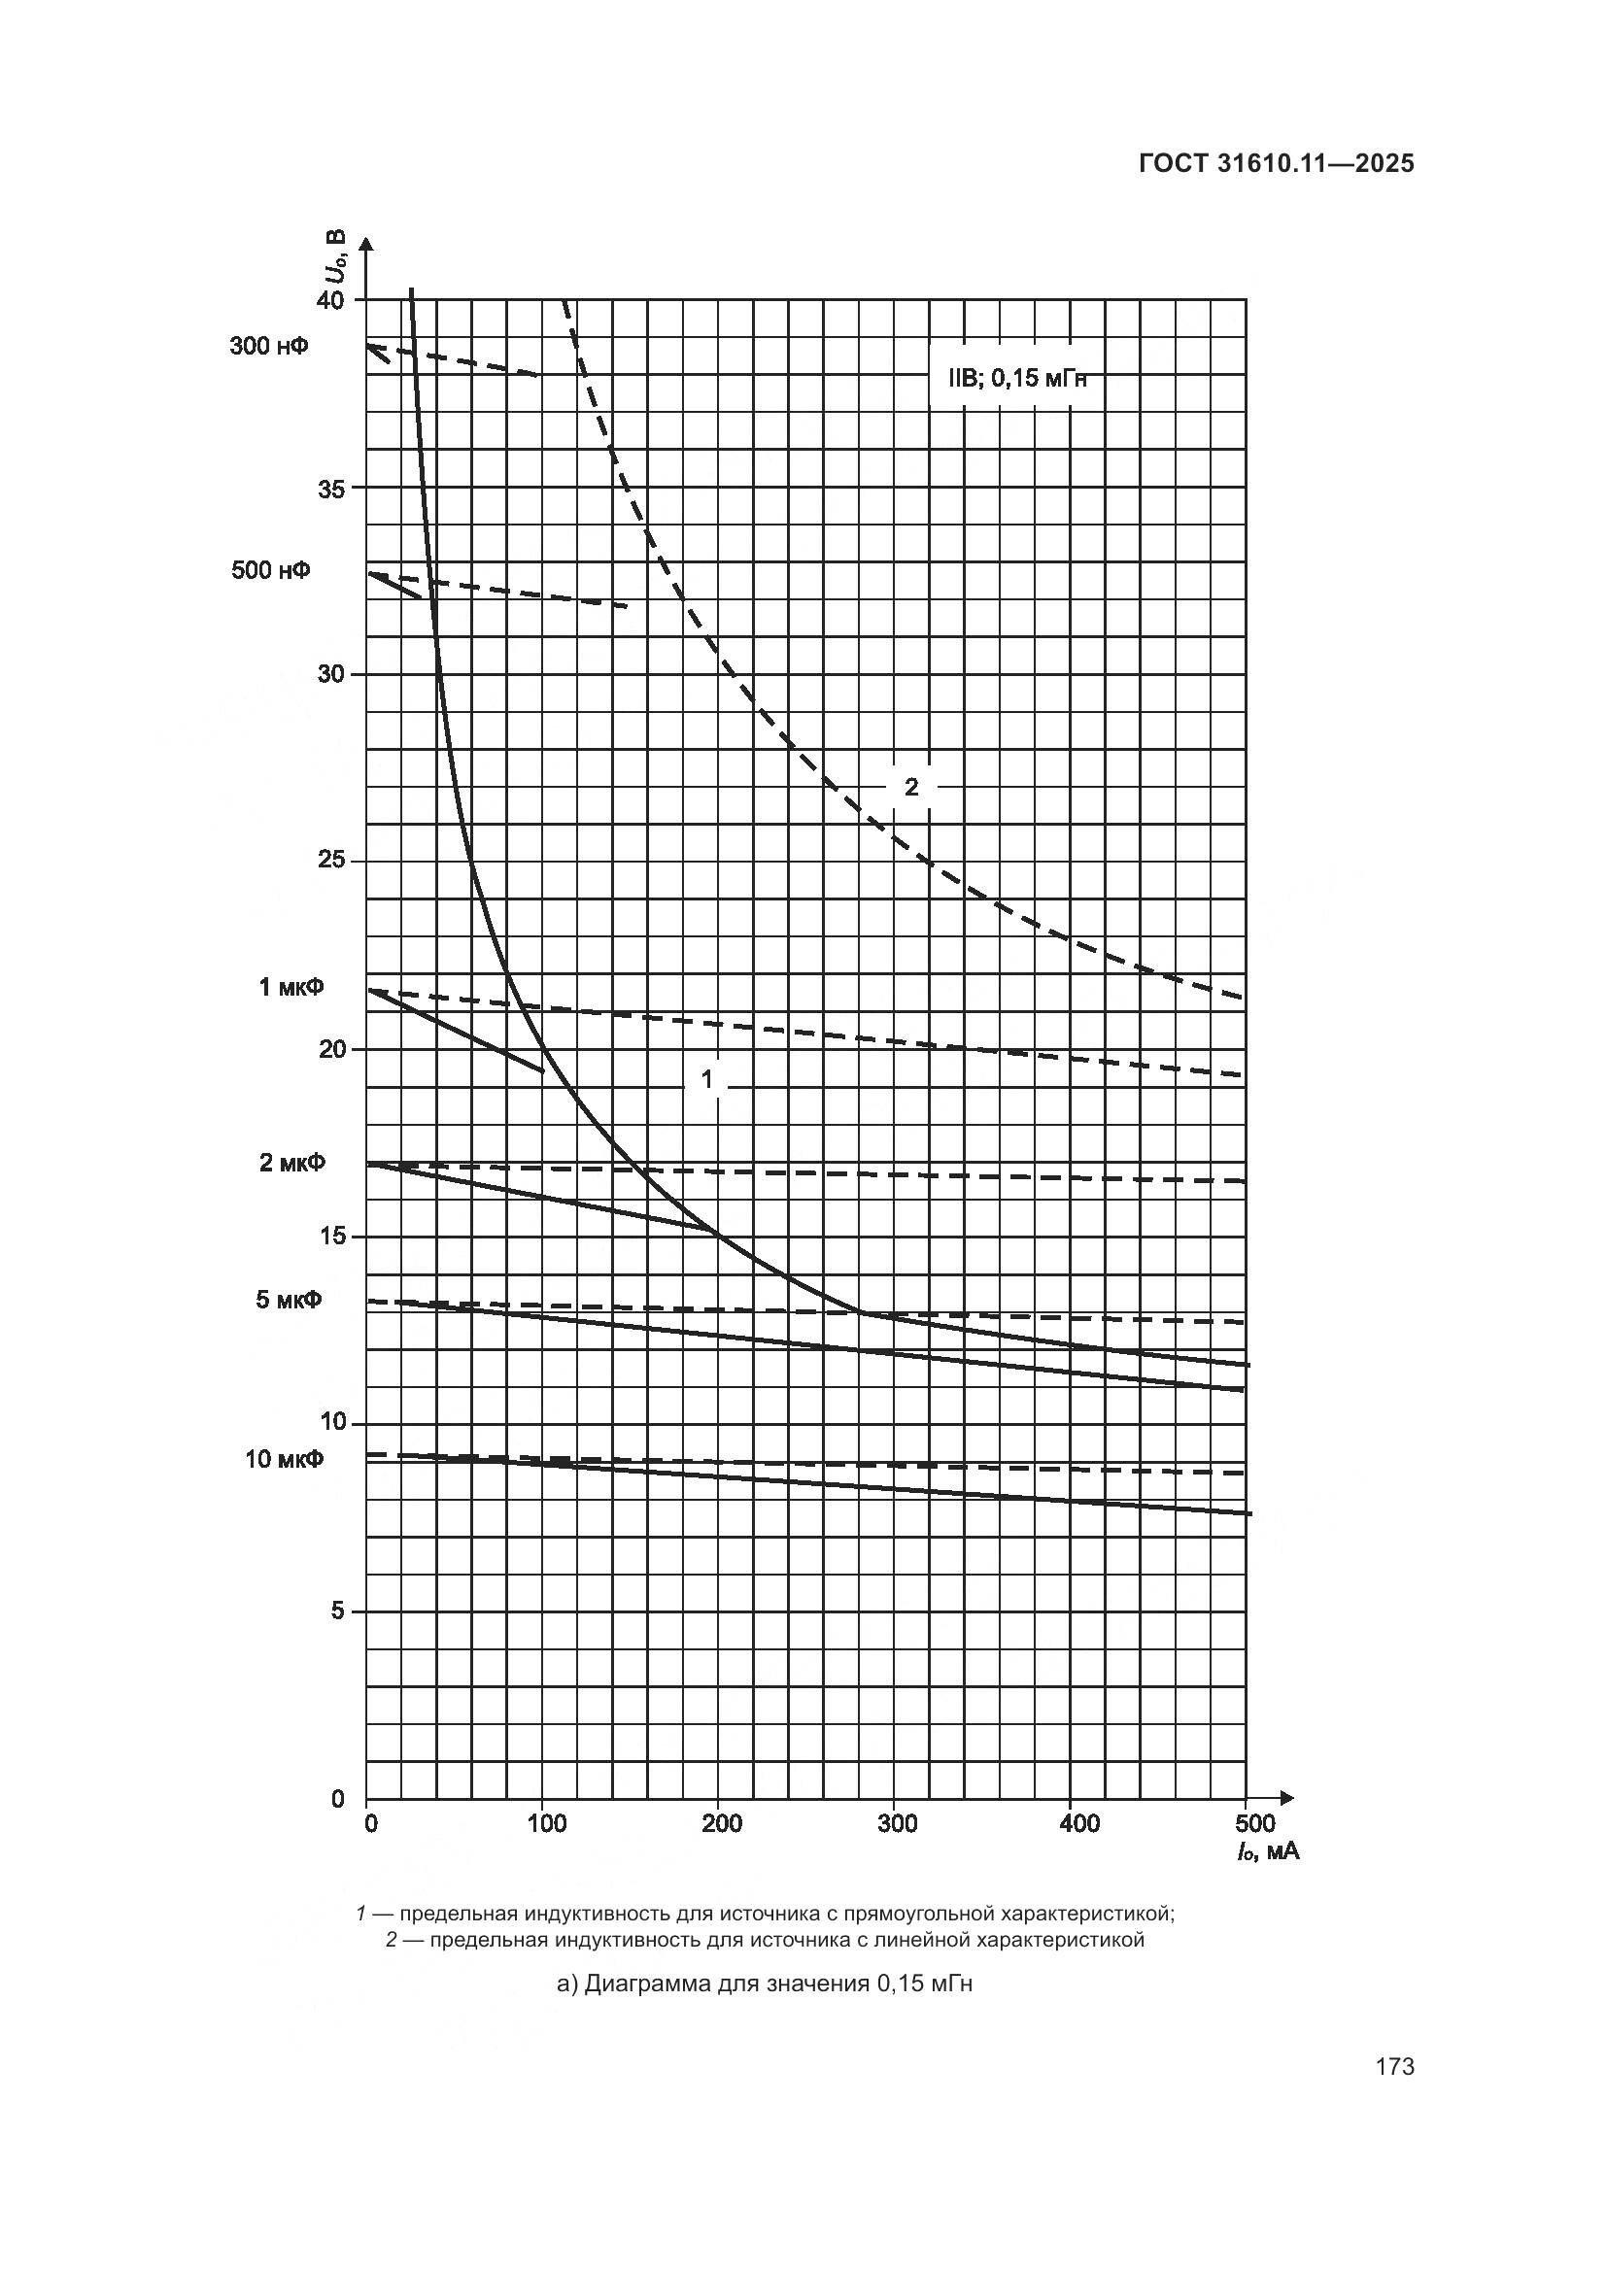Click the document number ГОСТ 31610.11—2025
(x=1276, y=164)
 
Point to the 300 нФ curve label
(x=268, y=347)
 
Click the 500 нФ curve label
(x=270, y=571)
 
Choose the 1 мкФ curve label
(x=291, y=988)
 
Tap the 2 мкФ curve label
(x=291, y=1163)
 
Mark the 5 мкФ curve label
(x=289, y=1300)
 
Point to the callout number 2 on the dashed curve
(x=911, y=787)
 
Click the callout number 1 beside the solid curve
(x=706, y=1078)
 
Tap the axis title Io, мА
(x=1267, y=1851)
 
